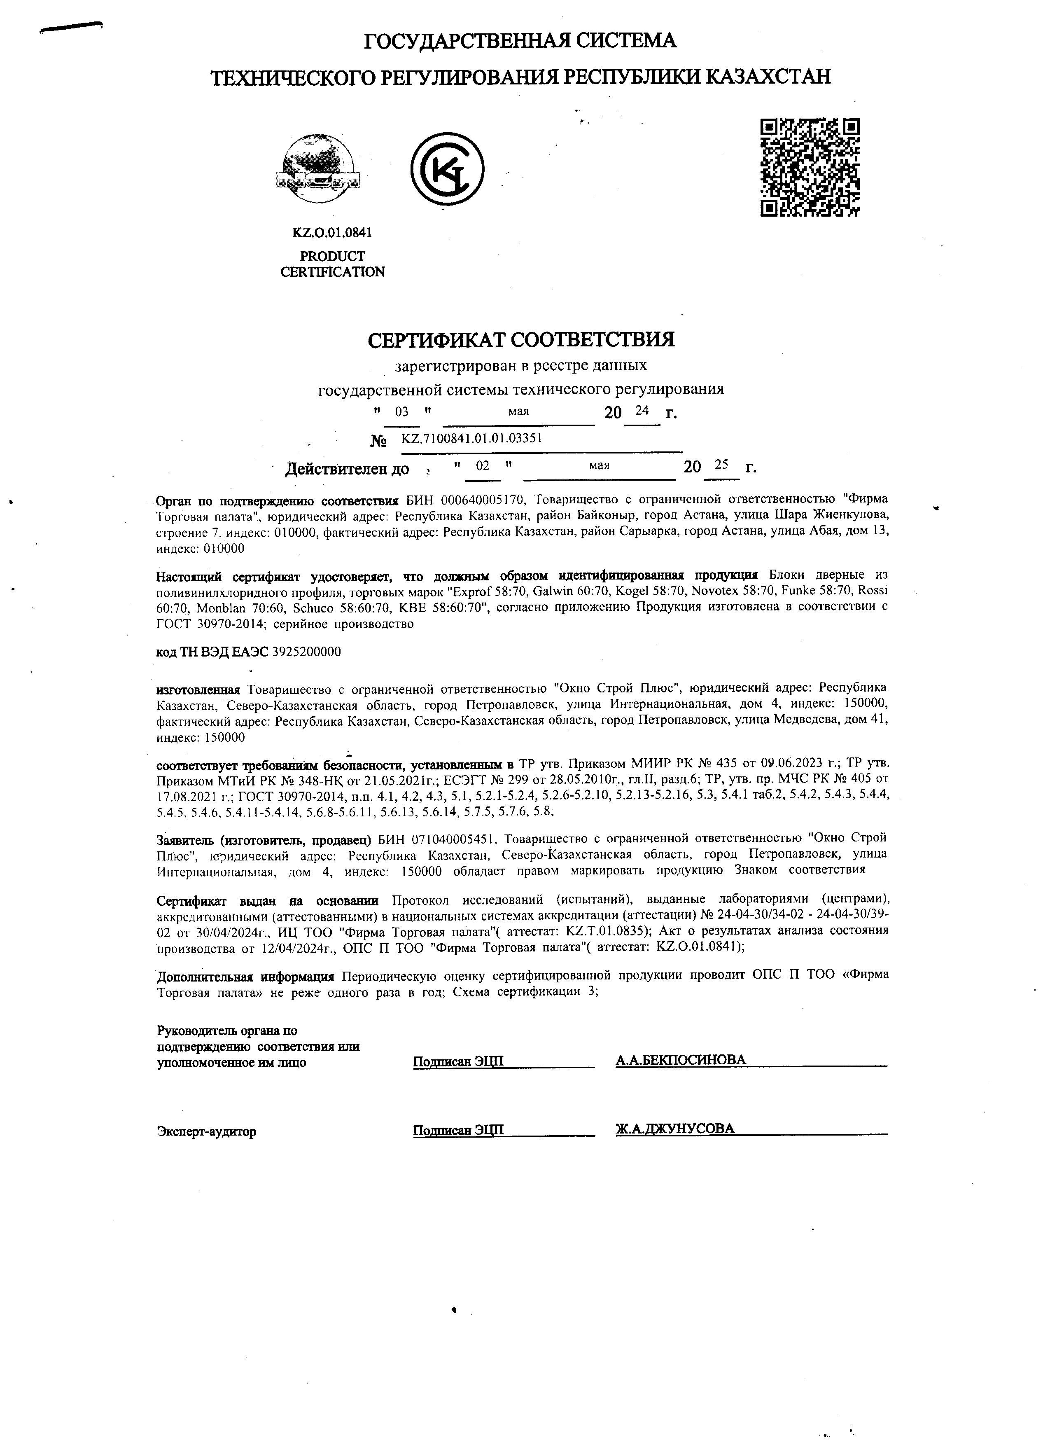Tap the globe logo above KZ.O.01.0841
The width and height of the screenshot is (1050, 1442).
[x=318, y=170]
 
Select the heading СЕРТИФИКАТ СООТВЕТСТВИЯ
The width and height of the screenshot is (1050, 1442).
[x=521, y=340]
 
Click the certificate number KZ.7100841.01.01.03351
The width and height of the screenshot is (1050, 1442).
[x=471, y=438]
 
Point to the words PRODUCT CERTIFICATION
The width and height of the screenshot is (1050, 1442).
[x=332, y=264]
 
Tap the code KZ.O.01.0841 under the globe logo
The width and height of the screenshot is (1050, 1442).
[x=332, y=233]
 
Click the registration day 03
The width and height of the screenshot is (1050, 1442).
[x=402, y=412]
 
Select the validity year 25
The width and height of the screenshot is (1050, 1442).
[x=721, y=465]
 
